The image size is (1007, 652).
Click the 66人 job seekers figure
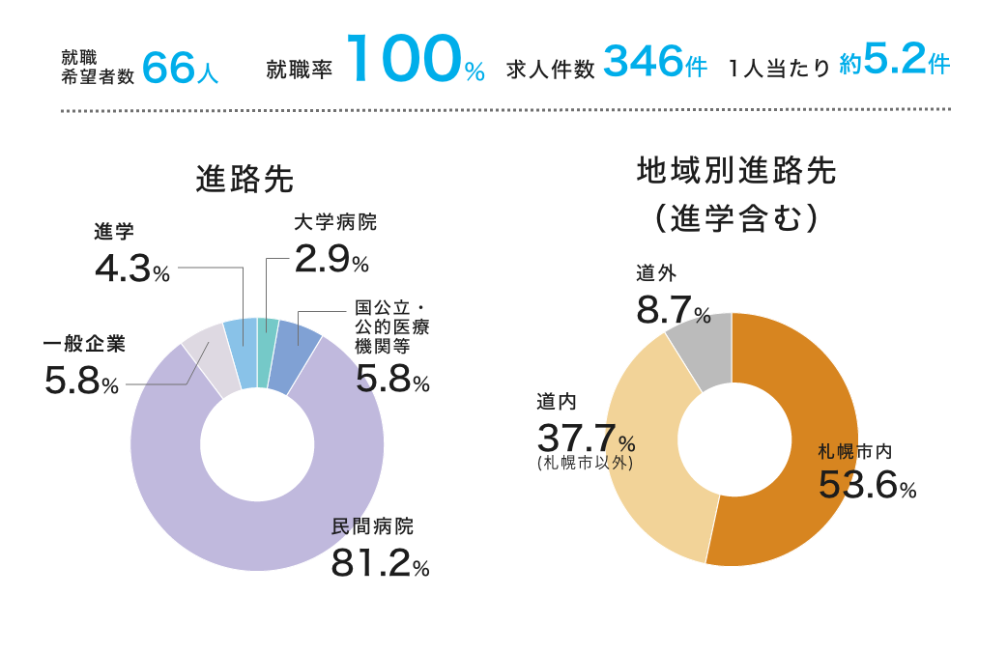click(180, 68)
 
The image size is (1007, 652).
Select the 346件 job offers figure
click(654, 64)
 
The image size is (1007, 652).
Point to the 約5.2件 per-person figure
click(894, 64)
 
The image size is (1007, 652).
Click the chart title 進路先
click(245, 180)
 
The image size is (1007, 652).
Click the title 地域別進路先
click(736, 172)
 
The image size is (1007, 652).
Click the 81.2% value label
click(380, 563)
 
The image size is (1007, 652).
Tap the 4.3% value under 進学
click(132, 269)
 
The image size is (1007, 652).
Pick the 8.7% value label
click(674, 310)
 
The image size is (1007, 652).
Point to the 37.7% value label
click(586, 439)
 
